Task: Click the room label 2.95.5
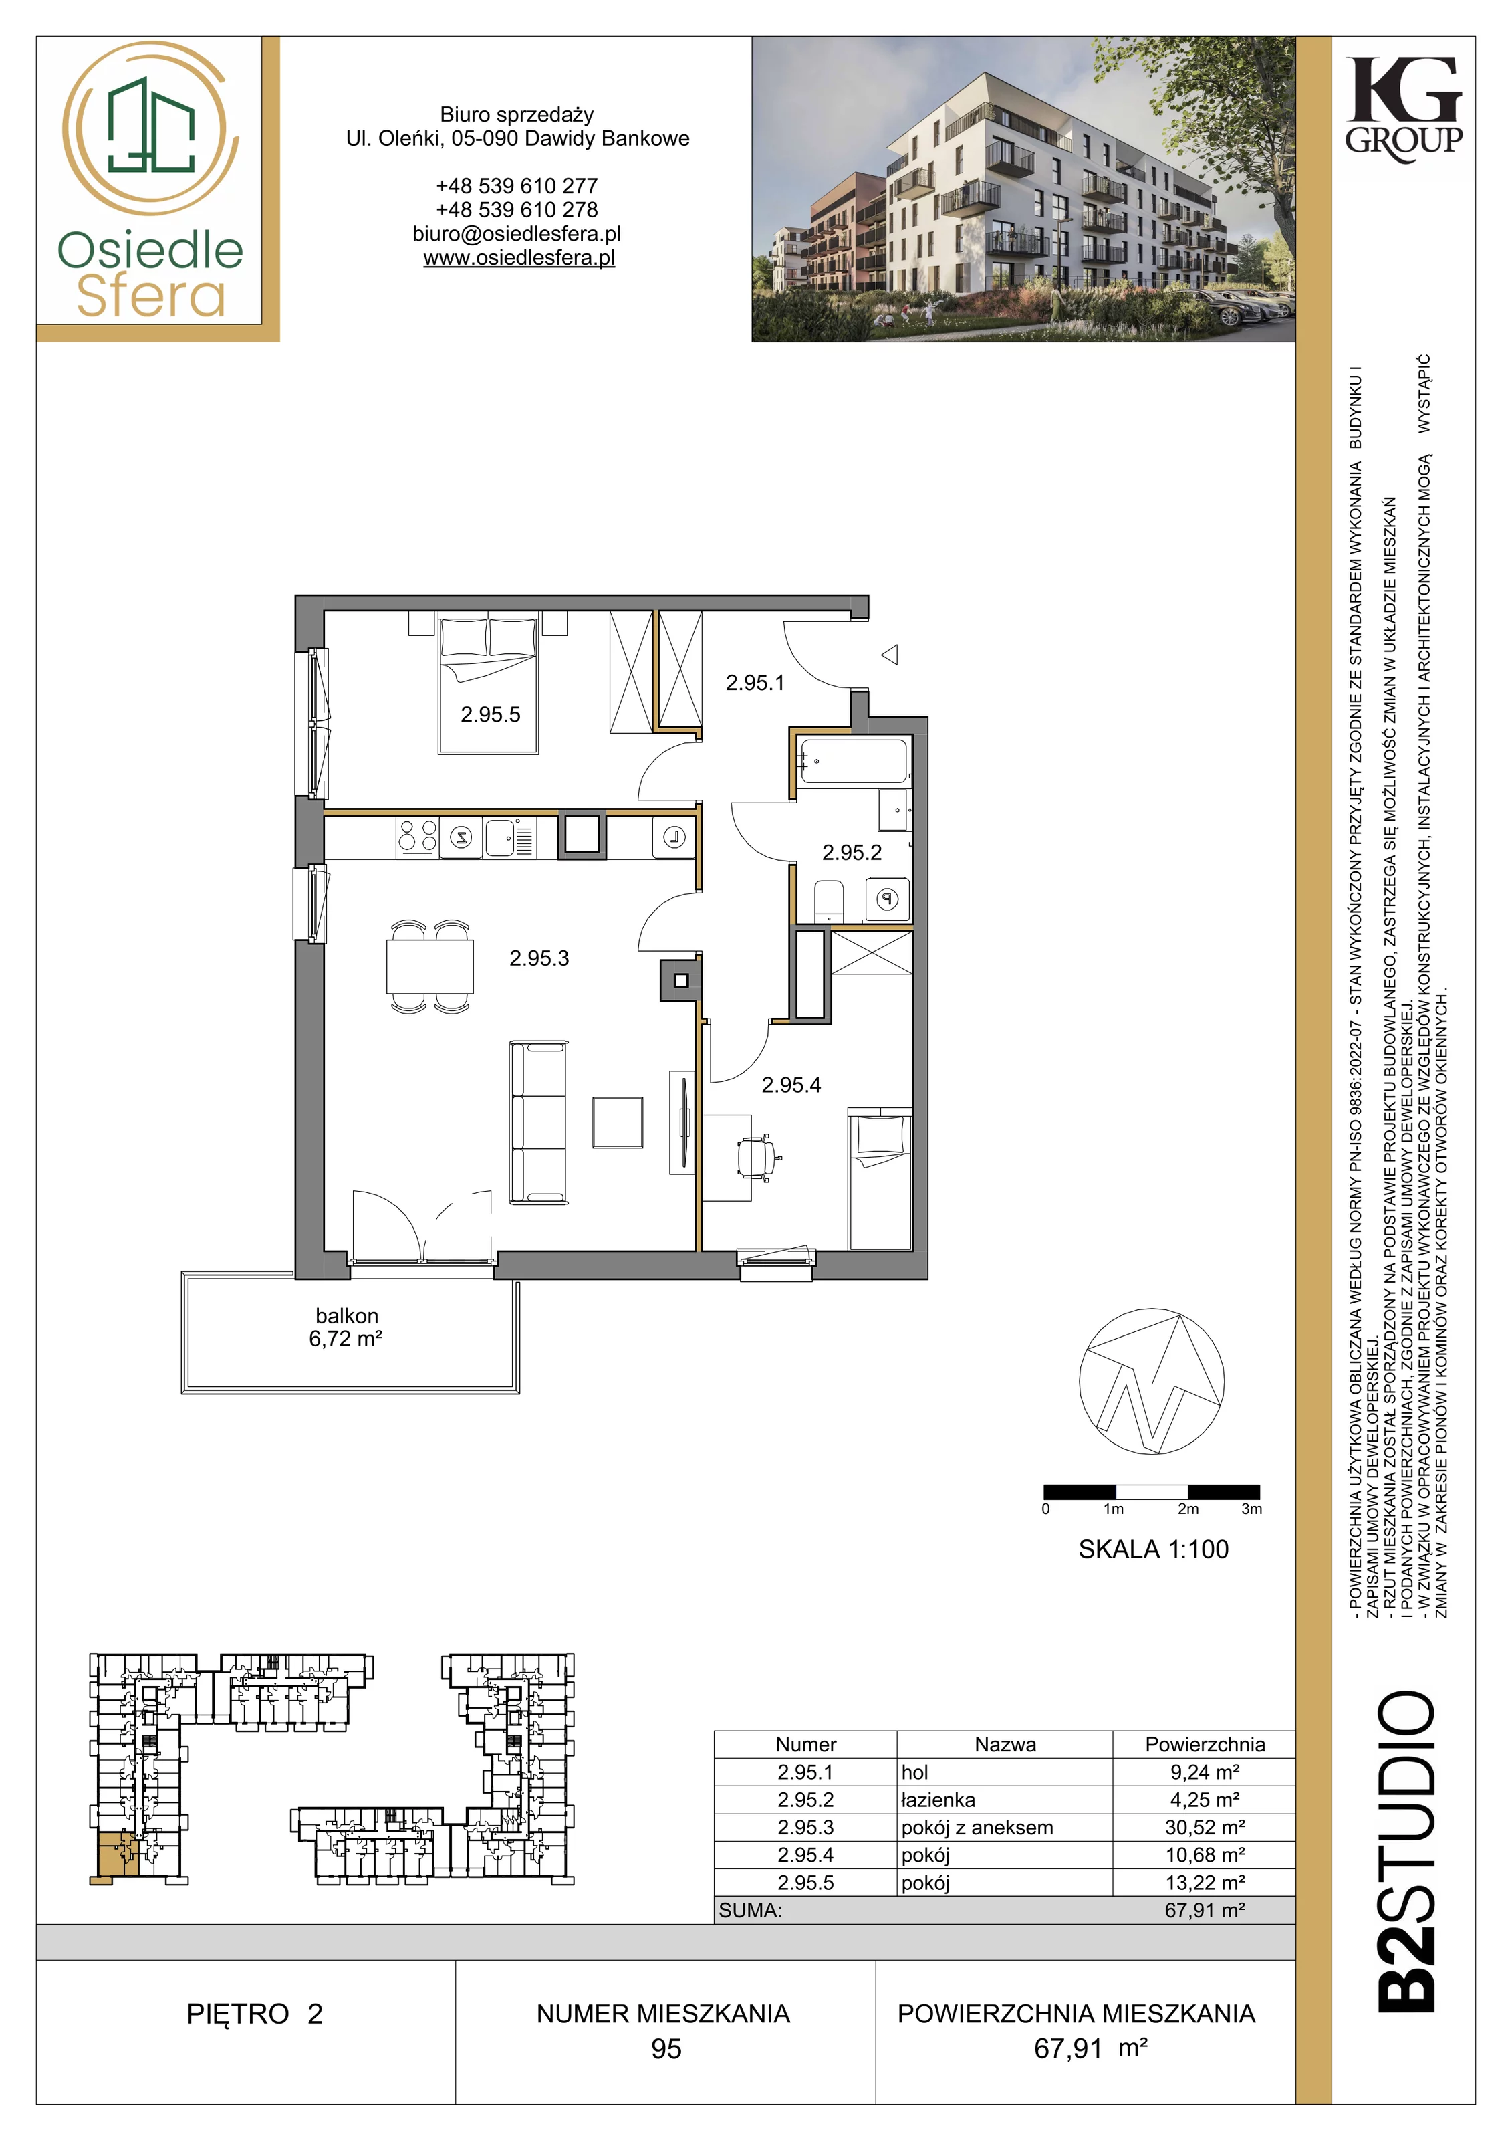click(490, 715)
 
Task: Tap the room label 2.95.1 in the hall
click(755, 683)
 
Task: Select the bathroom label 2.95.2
click(852, 852)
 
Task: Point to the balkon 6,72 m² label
click(346, 1327)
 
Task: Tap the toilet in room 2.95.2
click(828, 901)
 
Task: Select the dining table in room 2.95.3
click(430, 966)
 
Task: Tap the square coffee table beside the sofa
click(618, 1122)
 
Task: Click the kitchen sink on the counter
click(500, 837)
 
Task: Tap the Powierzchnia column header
click(1205, 1745)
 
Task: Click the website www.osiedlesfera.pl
click(519, 258)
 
